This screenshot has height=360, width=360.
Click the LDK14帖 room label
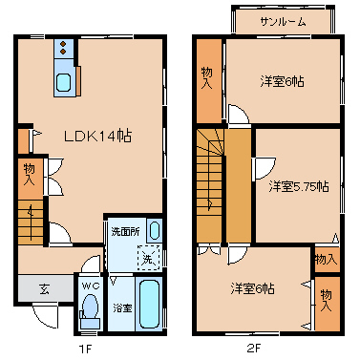coord(97,137)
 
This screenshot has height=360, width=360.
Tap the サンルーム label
coord(283,22)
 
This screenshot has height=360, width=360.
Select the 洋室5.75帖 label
coord(299,186)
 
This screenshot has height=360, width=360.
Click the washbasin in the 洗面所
coord(155,230)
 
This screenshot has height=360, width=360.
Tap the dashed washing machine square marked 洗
coord(148,258)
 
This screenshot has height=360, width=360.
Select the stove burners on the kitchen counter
coord(63,48)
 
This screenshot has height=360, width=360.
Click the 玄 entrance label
coord(44,288)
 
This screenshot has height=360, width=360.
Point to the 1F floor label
coord(85,349)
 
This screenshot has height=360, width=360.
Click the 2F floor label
coord(254,349)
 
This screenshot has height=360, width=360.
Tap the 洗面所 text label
coord(125,231)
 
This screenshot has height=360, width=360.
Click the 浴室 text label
coord(122,307)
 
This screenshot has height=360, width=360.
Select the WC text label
coord(91,286)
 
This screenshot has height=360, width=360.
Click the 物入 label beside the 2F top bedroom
coord(207,78)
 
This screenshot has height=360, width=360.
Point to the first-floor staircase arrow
coord(31,222)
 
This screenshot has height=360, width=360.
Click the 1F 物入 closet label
coord(30,174)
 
